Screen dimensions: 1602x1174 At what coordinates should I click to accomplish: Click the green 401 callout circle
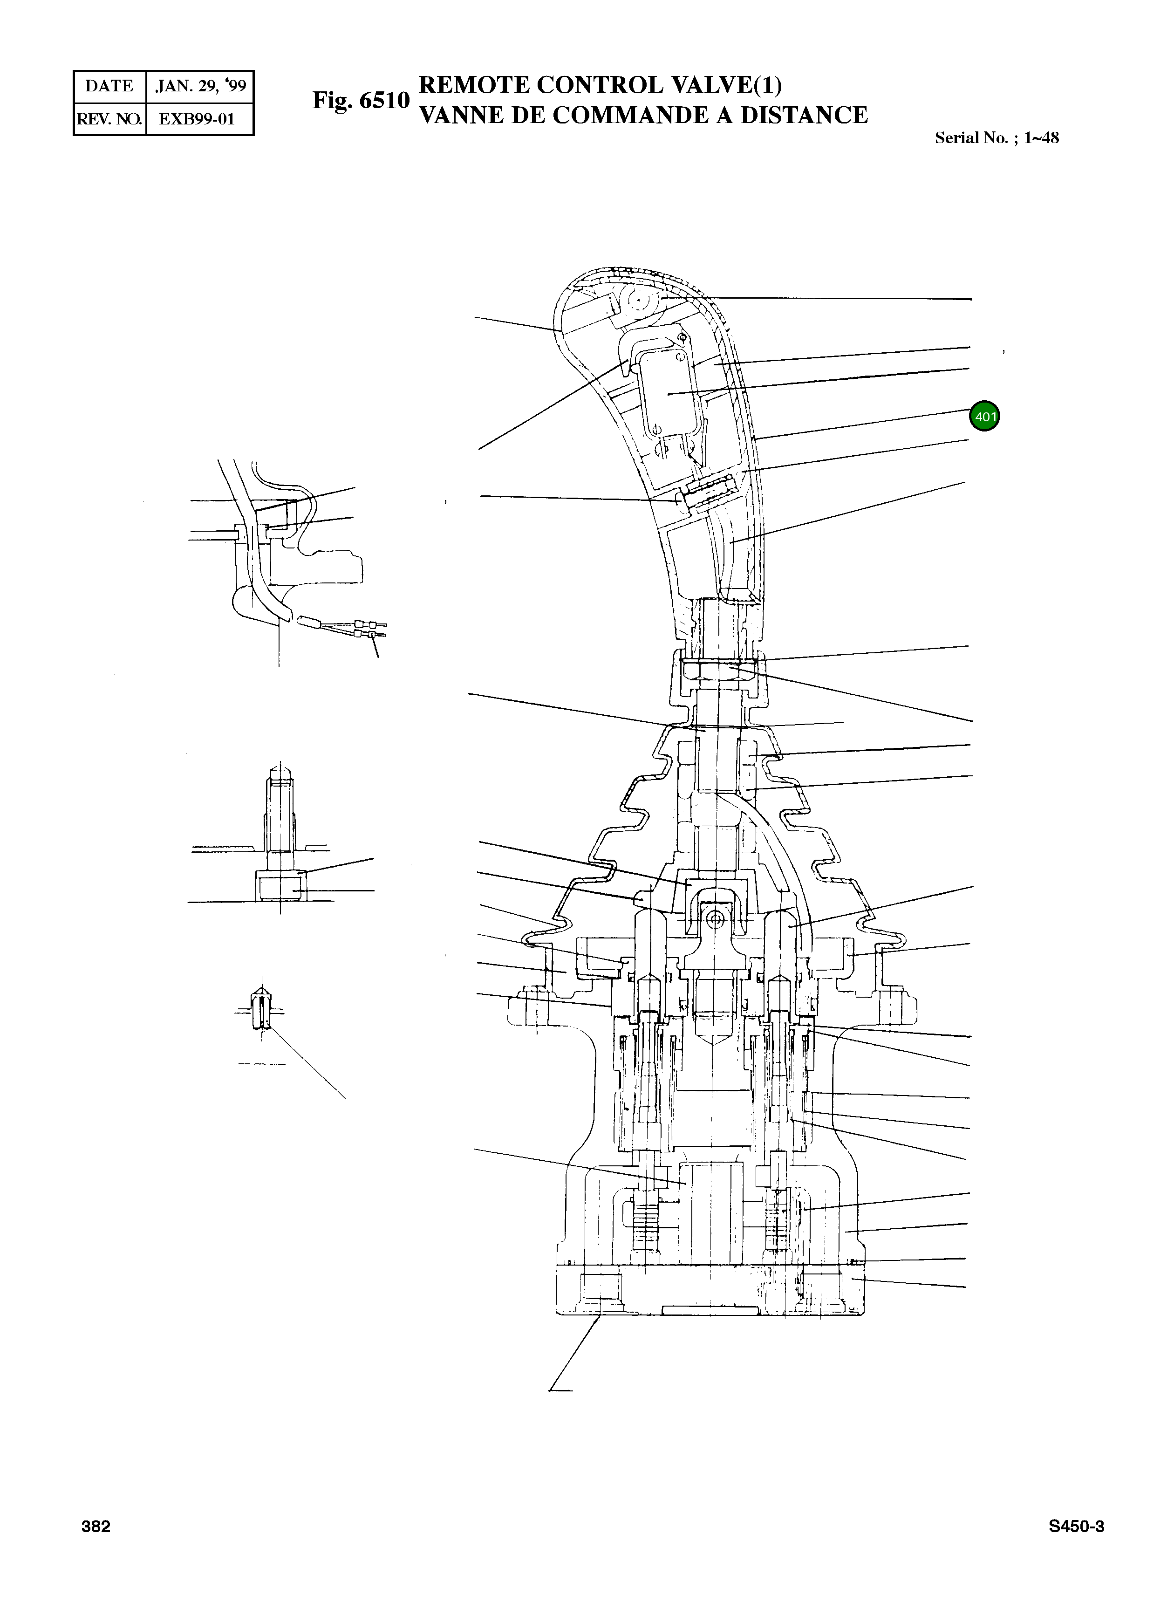[x=984, y=417]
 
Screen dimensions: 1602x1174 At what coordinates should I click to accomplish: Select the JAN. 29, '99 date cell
[x=200, y=87]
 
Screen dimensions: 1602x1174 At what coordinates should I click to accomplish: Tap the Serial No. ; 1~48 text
[x=997, y=138]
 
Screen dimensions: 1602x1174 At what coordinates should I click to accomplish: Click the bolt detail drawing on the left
[x=280, y=839]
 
